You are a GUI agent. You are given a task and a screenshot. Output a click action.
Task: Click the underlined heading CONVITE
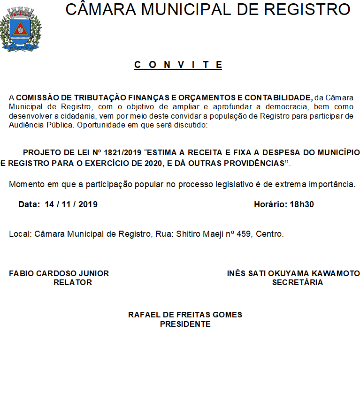pos(178,65)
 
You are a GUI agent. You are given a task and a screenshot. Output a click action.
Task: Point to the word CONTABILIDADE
pos(278,98)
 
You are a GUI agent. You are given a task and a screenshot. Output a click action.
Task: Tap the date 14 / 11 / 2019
pos(71,204)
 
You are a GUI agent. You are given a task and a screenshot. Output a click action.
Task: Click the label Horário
pos(269,204)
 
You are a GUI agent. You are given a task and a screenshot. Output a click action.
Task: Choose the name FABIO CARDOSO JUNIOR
pos(59,273)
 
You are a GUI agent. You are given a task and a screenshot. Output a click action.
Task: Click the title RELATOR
pos(73,282)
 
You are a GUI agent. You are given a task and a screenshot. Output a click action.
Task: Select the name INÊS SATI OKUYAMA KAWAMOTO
pos(293,273)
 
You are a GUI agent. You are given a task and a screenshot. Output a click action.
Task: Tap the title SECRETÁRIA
pos(298,282)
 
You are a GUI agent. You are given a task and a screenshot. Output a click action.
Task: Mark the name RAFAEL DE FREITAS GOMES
pos(185,315)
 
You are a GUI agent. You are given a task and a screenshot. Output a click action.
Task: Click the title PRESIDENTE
pos(185,323)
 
